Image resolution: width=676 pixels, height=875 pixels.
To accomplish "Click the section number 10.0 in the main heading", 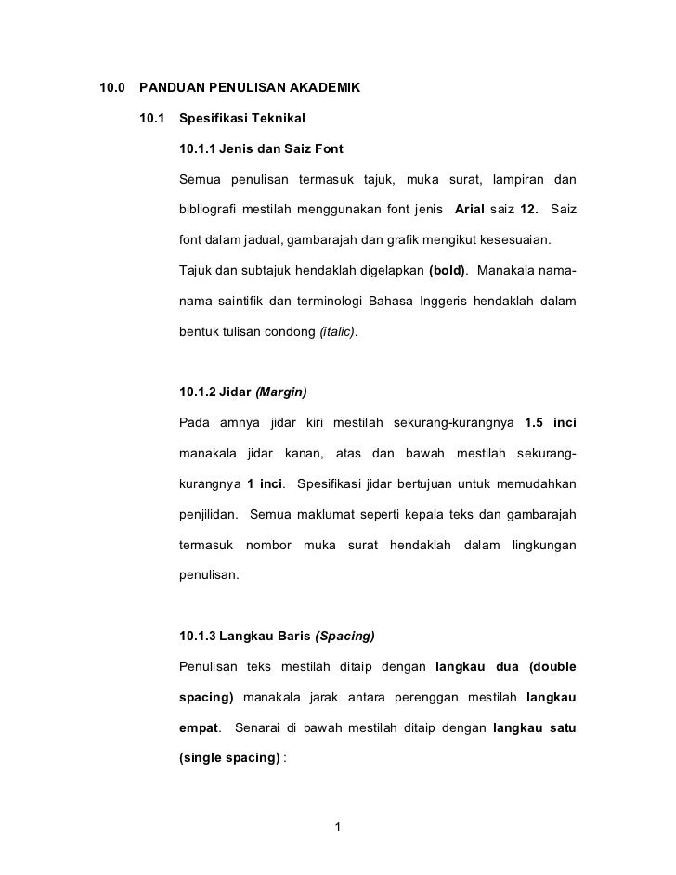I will (111, 90).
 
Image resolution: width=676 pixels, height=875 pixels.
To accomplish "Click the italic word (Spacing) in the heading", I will (345, 636).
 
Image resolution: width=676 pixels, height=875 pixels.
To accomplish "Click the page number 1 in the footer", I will (338, 826).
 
